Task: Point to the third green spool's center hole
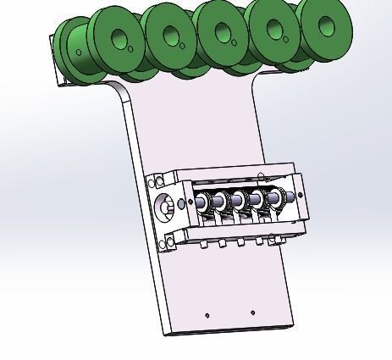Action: [x=171, y=35]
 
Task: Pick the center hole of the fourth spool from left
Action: [x=224, y=33]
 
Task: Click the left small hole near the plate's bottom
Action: [x=207, y=315]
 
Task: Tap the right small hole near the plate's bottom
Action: [x=252, y=313]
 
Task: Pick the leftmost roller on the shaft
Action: [x=203, y=203]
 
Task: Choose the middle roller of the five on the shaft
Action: [x=240, y=201]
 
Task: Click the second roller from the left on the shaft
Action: [x=221, y=202]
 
